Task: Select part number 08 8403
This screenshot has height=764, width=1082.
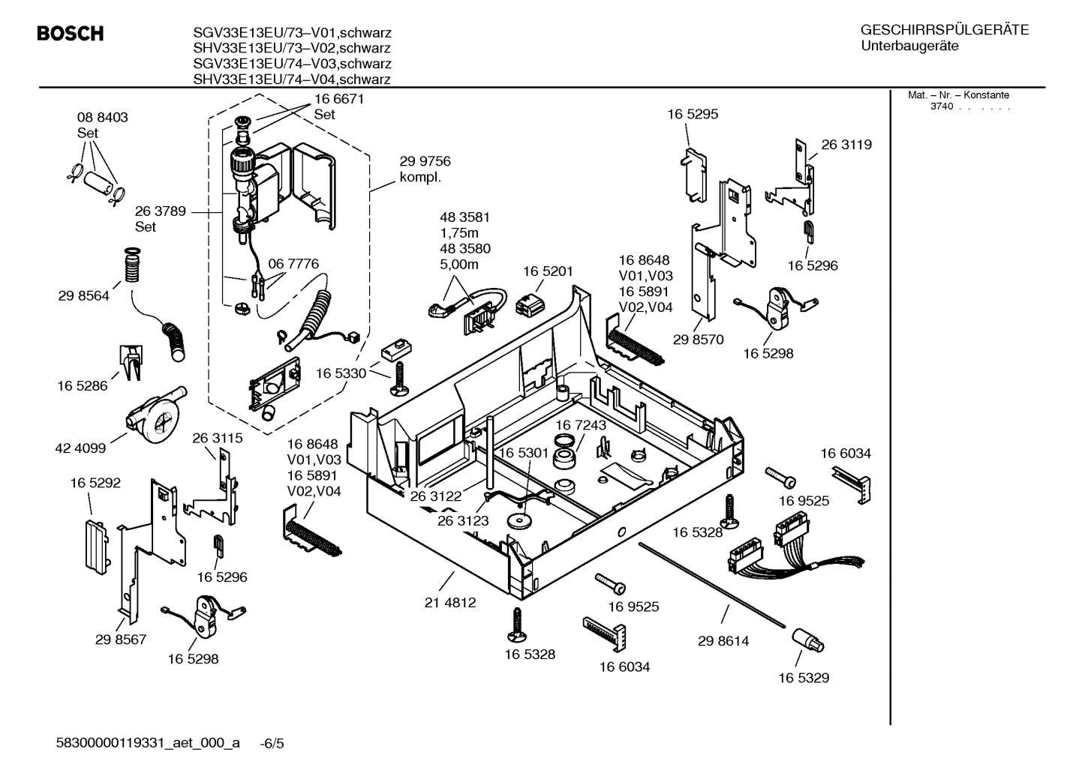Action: pos(102,118)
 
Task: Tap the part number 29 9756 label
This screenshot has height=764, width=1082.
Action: pos(425,161)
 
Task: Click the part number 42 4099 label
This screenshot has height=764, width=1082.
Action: pos(80,448)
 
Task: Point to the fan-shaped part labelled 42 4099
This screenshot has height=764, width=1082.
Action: pos(154,418)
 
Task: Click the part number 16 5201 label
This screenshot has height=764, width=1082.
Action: pos(548,271)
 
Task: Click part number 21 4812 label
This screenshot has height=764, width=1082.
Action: pos(450,602)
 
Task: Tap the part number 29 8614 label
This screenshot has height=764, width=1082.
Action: pos(723,641)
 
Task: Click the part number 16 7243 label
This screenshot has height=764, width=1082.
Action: pos(581,425)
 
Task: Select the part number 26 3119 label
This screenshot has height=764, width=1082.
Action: pos(846,145)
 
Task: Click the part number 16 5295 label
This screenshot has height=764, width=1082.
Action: pos(693,115)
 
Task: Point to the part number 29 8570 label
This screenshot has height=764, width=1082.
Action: pos(698,340)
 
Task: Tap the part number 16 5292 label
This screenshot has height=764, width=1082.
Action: pos(95,484)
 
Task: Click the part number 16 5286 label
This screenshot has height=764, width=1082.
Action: pos(83,386)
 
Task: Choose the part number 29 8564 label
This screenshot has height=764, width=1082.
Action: pos(83,296)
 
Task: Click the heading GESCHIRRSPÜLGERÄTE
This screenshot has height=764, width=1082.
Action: pos(944,30)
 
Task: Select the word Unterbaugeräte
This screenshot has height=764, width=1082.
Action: pos(909,46)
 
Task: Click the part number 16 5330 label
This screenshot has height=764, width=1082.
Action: pos(341,373)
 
